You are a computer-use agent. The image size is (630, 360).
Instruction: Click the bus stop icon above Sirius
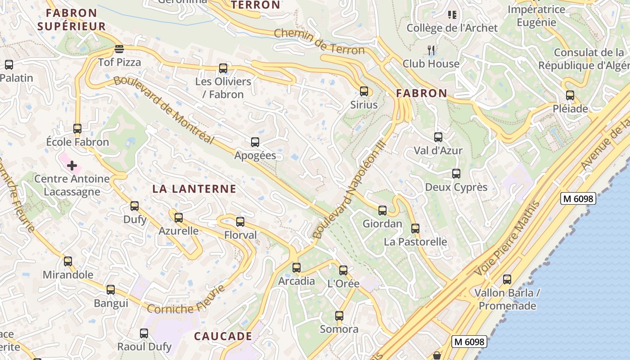364,91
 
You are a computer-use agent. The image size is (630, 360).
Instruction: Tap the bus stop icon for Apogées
255,142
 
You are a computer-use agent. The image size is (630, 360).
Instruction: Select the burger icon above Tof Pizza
119,49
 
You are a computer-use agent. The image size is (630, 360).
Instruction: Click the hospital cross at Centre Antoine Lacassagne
72,166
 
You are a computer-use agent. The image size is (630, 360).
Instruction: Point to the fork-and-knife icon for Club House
432,50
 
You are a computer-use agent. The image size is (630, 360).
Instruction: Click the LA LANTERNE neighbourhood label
194,189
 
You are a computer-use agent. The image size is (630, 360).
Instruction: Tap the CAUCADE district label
223,336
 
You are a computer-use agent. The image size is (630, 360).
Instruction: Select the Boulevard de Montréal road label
163,110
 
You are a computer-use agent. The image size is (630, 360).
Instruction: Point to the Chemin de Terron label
319,41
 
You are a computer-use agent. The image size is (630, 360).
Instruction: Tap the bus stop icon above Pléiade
570,95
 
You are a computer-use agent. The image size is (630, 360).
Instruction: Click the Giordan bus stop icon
382,210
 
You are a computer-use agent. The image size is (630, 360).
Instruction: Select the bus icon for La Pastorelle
415,229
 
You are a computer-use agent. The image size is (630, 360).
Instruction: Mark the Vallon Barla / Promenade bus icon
507,279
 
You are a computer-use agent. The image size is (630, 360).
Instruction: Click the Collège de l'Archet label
452,28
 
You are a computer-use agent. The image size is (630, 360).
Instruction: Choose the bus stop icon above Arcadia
297,268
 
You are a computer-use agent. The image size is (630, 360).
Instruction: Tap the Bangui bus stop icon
111,290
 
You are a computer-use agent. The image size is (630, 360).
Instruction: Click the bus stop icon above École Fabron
77,129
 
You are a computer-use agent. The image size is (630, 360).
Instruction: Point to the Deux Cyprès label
456,187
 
